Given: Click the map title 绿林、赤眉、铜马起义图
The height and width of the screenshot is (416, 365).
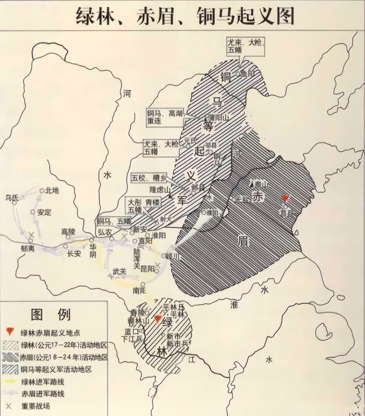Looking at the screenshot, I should [x=185, y=16].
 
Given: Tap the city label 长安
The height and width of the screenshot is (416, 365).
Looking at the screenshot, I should [x=74, y=254].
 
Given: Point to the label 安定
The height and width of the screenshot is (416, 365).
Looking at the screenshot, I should [x=44, y=213].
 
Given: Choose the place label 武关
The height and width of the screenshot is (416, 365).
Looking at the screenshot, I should [x=119, y=271].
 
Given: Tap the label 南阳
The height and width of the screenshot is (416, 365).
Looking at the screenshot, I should [x=139, y=291].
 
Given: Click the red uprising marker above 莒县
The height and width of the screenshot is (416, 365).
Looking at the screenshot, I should [x=285, y=198].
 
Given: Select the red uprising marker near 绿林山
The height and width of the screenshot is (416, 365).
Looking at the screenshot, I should [x=158, y=319].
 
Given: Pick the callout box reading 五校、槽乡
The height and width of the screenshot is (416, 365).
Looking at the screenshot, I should [x=149, y=178].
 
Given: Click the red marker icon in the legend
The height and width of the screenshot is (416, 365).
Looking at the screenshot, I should [x=10, y=332].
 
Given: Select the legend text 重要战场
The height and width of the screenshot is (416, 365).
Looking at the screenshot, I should [x=35, y=406].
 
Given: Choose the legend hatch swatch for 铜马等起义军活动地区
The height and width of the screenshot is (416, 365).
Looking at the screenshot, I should [x=10, y=369].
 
